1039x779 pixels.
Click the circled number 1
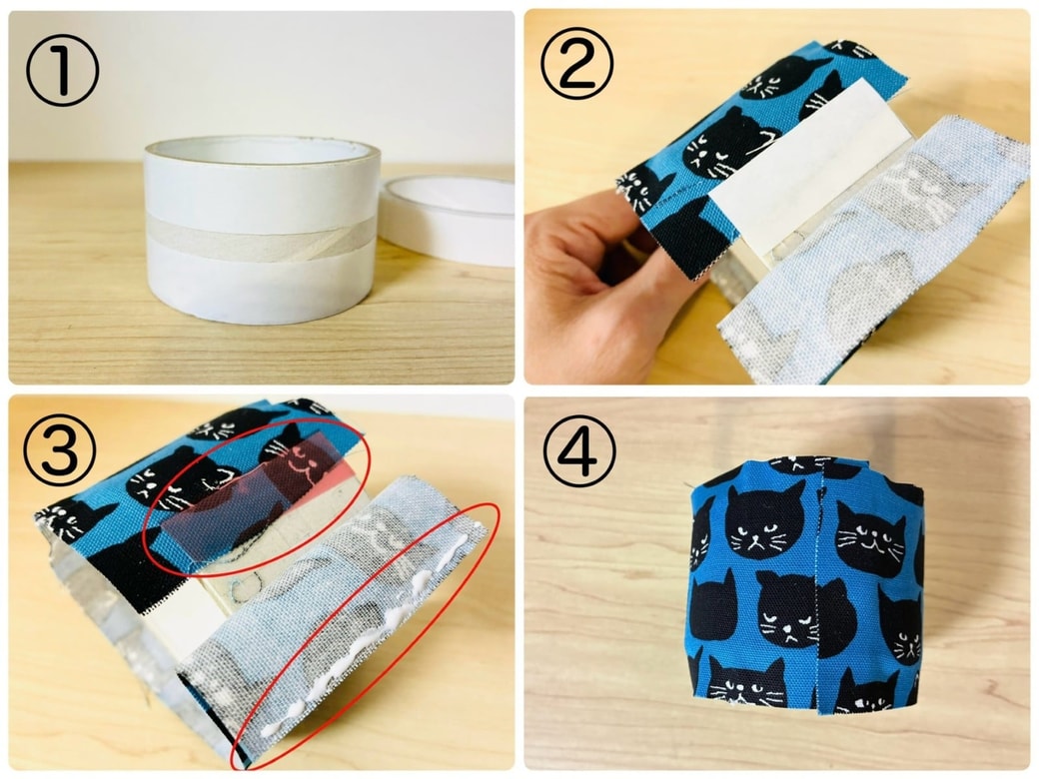coord(62,70)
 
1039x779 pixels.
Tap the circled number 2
coord(577,64)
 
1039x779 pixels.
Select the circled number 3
coord(60,449)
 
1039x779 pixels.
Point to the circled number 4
coord(579,451)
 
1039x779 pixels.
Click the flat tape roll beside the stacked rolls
coord(448,221)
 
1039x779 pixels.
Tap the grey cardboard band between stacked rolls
coord(262,238)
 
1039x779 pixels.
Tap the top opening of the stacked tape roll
coord(263,151)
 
